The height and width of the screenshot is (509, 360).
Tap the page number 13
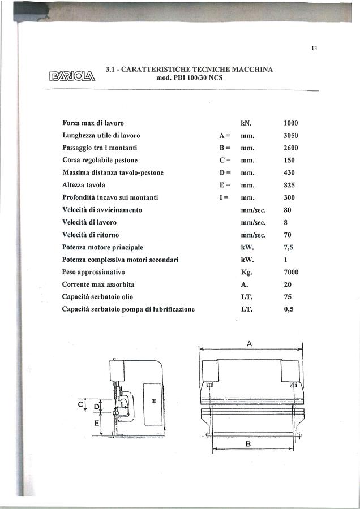(314, 48)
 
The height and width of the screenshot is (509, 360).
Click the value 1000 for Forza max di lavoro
(290, 123)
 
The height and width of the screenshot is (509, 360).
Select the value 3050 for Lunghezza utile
(290, 136)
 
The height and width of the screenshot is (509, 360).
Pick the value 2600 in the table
(290, 148)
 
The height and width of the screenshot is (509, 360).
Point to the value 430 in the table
(289, 172)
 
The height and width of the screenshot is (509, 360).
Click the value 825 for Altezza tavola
(289, 185)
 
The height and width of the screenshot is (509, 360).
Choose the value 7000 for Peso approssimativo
(290, 272)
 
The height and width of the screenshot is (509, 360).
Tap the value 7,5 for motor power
(288, 247)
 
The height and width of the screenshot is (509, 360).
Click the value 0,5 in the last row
(288, 309)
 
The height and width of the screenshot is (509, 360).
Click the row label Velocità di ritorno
(91, 235)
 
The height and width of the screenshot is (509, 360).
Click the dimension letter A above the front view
(250, 343)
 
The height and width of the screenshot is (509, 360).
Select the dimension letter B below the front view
(248, 445)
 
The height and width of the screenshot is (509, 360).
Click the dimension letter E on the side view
(96, 422)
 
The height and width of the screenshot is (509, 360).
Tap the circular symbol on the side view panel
(153, 400)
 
